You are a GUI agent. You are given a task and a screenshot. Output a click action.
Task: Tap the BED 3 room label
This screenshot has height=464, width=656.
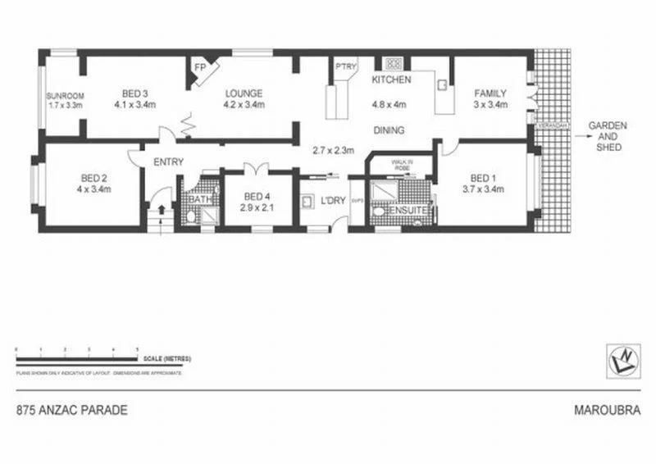coord(135,93)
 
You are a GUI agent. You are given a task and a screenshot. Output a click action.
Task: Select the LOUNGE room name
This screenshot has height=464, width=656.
coord(244,93)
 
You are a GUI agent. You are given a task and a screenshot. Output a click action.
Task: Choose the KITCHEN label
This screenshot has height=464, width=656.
coord(390,80)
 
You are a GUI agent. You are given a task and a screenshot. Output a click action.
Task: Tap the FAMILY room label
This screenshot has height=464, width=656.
coord(490,93)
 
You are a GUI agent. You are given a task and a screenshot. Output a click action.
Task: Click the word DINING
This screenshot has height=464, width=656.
coord(389,130)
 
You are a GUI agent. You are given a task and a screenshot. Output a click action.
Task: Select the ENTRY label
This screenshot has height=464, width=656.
coord(168,162)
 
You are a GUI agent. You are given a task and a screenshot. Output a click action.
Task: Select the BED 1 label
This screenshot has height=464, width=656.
coord(484,178)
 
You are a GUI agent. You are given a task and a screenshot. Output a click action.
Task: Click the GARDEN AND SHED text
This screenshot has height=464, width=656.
coord(608,136)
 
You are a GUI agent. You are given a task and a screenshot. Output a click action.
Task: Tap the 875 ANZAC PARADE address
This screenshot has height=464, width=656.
coord(72,410)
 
